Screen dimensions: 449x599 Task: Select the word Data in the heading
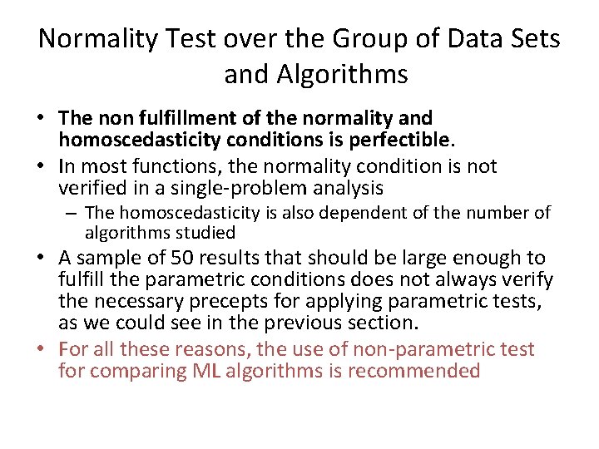pos(462,38)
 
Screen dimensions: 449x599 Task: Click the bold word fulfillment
pos(177,119)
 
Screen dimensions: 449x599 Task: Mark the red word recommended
pos(413,371)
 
